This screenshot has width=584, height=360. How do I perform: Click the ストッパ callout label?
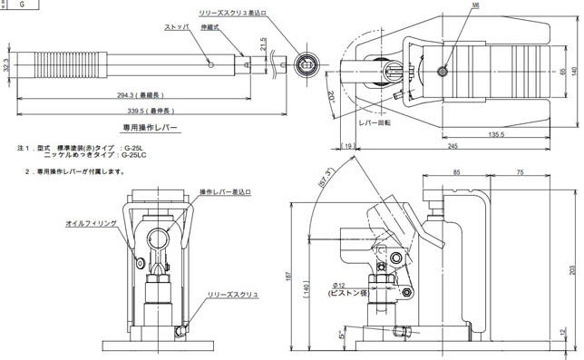[x=177, y=28]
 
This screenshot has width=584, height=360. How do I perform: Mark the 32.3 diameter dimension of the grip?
[x=8, y=66]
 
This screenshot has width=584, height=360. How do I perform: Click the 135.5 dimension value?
[x=495, y=134]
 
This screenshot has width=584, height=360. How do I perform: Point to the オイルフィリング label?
[x=89, y=222]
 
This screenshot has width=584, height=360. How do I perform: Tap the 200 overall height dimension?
[x=571, y=269]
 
